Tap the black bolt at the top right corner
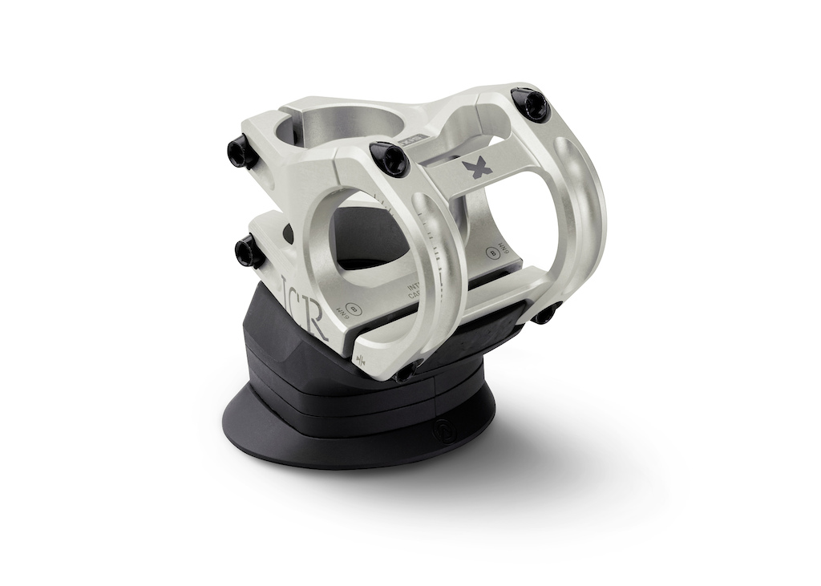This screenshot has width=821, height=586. pyautogui.click(x=530, y=105)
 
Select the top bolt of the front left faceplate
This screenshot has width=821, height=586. pyautogui.click(x=390, y=158)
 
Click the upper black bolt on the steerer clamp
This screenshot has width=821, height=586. pyautogui.click(x=242, y=151)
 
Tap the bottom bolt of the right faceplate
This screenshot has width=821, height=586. pyautogui.click(x=546, y=313)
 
